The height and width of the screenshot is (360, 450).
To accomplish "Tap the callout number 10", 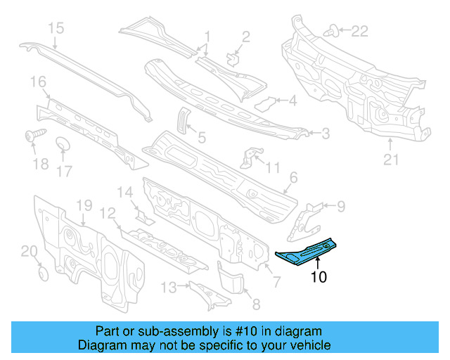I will (x=319, y=277).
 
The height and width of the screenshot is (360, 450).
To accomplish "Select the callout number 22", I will (x=359, y=31).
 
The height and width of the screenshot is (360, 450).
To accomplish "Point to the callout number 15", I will (x=56, y=28).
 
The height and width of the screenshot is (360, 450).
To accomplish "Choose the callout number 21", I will (x=391, y=160).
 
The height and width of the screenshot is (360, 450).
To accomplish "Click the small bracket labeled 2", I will (x=233, y=56).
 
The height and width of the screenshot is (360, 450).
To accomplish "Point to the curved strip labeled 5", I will (x=181, y=119).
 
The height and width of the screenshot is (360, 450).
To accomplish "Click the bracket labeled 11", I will (x=248, y=157).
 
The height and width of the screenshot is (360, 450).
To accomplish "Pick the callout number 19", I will (x=84, y=205).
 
